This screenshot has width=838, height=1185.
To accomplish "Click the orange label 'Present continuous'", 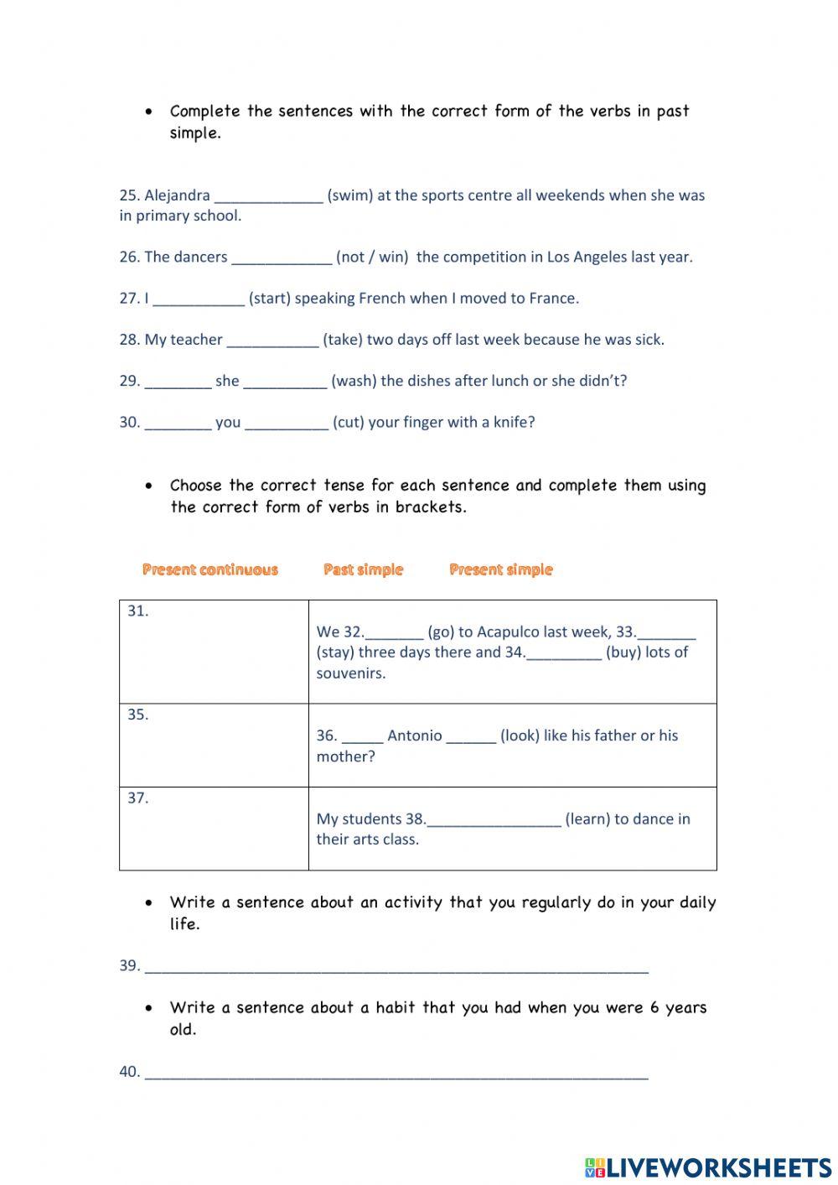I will pos(209,570).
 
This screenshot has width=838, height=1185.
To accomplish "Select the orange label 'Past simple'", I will pos(363,570).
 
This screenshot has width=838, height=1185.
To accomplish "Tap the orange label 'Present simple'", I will pos(501,570).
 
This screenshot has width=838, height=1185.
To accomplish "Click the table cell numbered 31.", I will pos(214,651).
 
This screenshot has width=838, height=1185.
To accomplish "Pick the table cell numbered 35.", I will pos(214,745).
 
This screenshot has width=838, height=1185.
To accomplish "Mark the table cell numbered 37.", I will pos(214,828).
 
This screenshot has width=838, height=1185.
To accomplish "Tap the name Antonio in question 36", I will pos(414,735).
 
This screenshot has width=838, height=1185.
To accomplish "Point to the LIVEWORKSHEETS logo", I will pos(707,1167).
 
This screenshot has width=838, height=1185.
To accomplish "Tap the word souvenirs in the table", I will pos(351,673).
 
